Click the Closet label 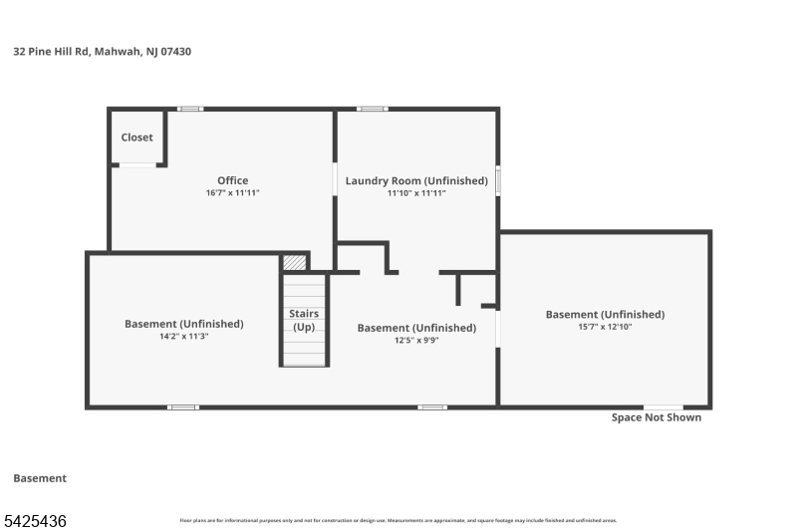137,137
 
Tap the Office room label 233,180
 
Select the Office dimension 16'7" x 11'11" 232,193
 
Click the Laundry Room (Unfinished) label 416,180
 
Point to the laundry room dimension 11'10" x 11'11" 416,193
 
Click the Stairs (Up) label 304,320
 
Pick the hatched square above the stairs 294,262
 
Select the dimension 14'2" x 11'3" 183,337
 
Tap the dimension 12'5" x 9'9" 416,340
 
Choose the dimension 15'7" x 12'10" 605,327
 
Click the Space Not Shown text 656,417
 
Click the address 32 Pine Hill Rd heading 102,51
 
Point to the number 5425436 35,520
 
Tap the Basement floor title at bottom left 40,478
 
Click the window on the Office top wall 190,109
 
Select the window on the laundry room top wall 373,109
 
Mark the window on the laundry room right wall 498,181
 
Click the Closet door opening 137,164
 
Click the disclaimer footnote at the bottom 398,520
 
